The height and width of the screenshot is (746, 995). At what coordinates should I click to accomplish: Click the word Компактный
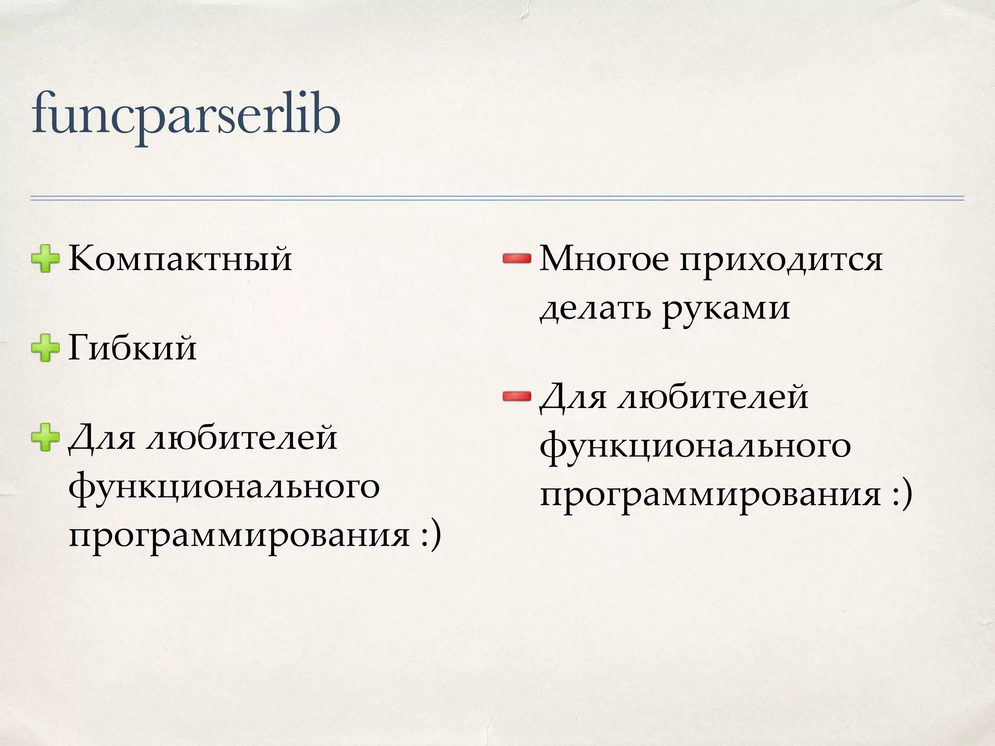click(180, 259)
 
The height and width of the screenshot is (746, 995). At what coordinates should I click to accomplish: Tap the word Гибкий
click(132, 348)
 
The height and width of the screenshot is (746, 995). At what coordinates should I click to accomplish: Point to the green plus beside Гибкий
click(45, 348)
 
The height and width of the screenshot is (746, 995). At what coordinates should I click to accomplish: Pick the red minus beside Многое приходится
click(516, 259)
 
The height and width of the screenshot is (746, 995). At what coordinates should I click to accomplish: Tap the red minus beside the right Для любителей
click(516, 397)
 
